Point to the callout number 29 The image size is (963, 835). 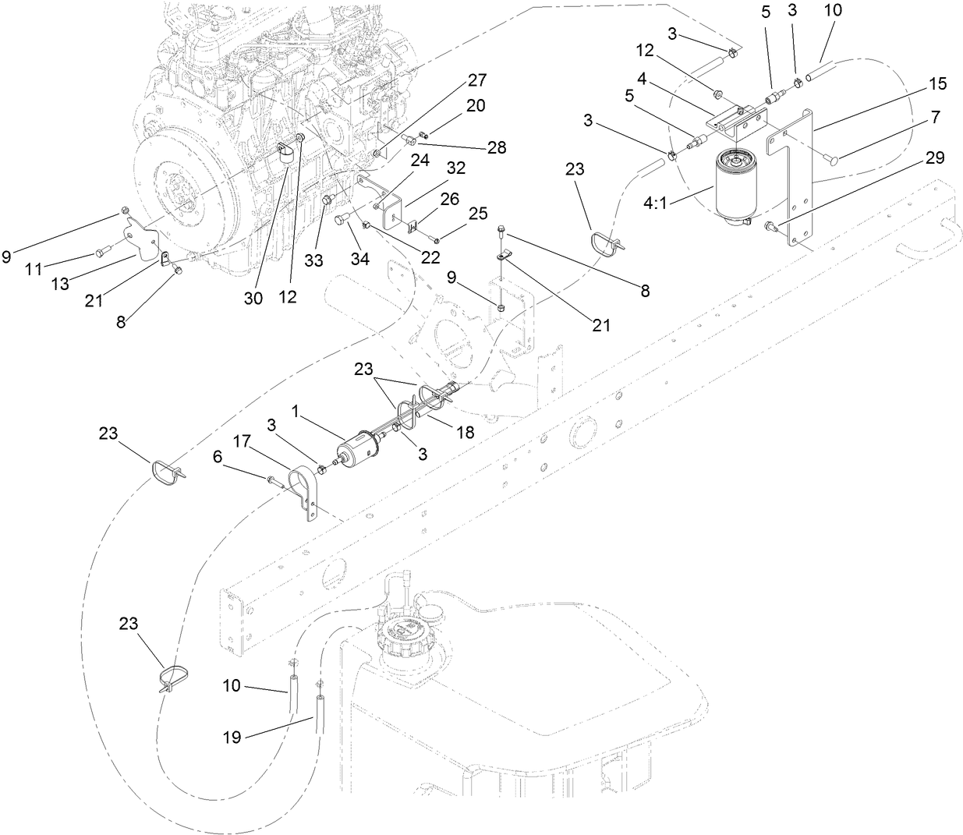[x=935, y=158]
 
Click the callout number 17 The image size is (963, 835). [x=242, y=440]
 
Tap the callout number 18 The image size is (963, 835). [x=465, y=431]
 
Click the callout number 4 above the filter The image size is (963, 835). [x=641, y=79]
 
